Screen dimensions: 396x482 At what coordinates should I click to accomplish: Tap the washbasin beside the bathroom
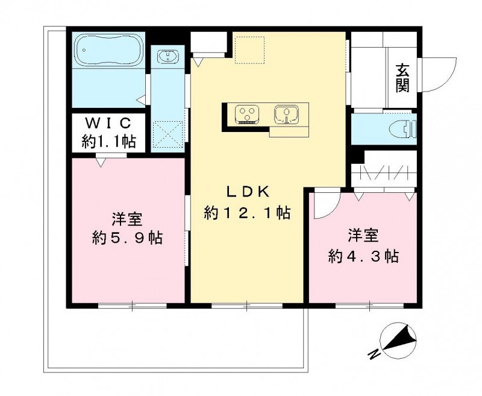(165, 57)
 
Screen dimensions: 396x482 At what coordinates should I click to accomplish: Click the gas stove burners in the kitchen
(248, 113)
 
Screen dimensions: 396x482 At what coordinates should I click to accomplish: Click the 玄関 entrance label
(402, 77)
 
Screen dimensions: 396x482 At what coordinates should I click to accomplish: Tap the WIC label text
(108, 124)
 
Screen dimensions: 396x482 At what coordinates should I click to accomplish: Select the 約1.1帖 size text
(108, 142)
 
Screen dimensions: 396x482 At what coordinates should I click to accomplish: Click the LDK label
(248, 192)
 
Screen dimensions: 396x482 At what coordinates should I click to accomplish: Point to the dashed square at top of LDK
(249, 49)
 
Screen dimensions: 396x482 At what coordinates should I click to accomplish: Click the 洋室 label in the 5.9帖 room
(127, 218)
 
